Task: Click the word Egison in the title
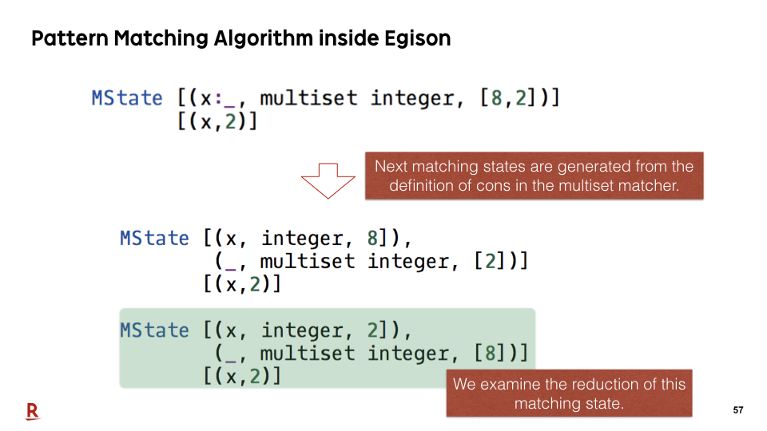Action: (417, 38)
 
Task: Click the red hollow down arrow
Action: (328, 181)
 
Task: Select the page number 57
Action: (738, 410)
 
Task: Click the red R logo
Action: (32, 412)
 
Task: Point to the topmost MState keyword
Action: (127, 98)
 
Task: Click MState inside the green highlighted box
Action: (154, 330)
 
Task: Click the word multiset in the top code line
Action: (308, 98)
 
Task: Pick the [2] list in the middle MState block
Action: (491, 262)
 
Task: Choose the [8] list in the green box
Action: (491, 354)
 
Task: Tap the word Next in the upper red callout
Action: (391, 167)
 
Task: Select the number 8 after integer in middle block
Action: (372, 239)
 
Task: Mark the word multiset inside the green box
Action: (307, 354)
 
